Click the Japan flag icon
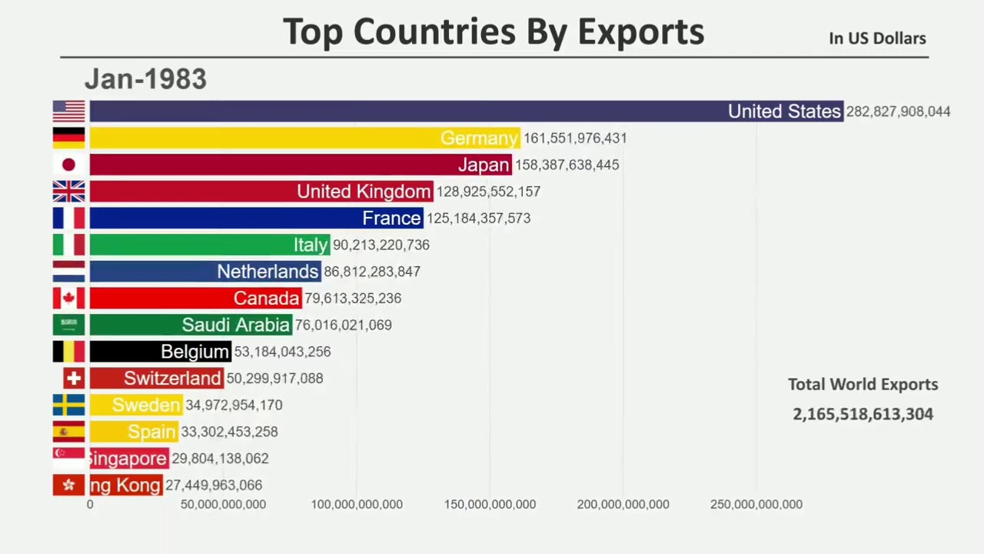[x=68, y=165]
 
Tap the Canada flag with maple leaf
[x=68, y=299]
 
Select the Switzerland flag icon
[x=74, y=379]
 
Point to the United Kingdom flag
[x=68, y=192]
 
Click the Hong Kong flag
[x=68, y=486]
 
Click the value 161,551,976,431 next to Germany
[x=575, y=138]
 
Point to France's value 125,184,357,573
[x=478, y=219]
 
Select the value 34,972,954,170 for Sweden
[x=234, y=405]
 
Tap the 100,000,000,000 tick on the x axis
[x=357, y=505]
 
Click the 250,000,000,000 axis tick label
[x=756, y=505]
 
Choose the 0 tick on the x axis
[x=90, y=505]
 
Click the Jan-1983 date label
[x=145, y=79]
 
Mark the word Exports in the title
[x=640, y=32]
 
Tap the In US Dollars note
[x=877, y=38]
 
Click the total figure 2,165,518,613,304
[x=863, y=414]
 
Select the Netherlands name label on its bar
[x=268, y=272]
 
